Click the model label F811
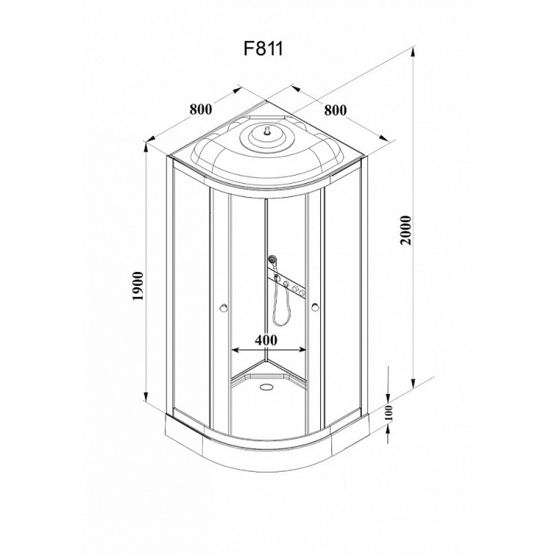pyautogui.click(x=263, y=49)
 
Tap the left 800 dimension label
pyautogui.click(x=201, y=109)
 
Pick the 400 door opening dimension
pyautogui.click(x=266, y=340)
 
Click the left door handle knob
pyautogui.click(x=223, y=308)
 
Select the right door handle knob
pyautogui.click(x=315, y=308)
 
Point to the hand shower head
pyautogui.click(x=273, y=259)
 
